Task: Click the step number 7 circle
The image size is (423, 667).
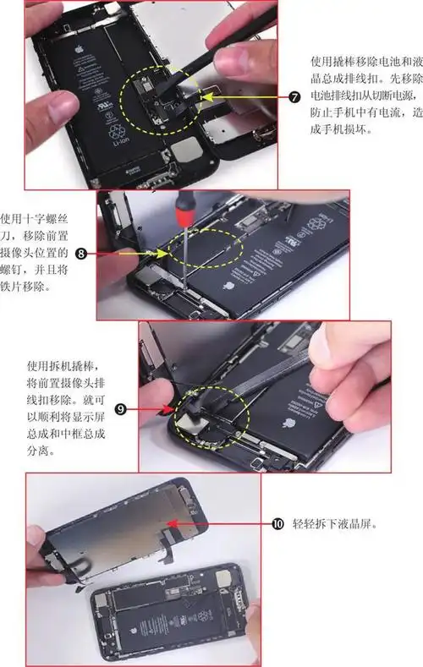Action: coord(294,96)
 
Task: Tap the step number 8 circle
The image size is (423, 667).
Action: coord(81,253)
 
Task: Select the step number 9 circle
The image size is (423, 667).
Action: coord(121,409)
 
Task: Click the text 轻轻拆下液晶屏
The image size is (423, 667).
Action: coord(332,524)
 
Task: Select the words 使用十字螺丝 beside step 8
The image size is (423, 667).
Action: coord(35,217)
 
